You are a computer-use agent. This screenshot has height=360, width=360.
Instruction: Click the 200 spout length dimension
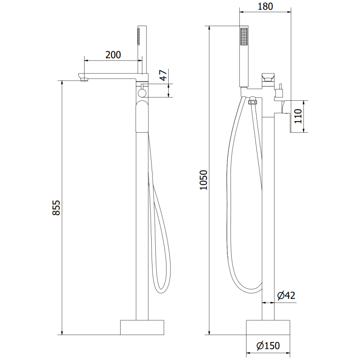113,55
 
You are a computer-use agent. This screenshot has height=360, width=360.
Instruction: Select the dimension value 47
164,75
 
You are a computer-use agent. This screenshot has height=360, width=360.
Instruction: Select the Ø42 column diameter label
286,296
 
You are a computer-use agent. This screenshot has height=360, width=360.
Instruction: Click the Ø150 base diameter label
268,346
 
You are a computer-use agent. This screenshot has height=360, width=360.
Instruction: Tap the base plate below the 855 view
142,327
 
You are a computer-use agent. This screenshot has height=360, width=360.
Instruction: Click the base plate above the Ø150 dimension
268,327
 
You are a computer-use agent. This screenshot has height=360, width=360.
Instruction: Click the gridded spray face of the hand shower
244,36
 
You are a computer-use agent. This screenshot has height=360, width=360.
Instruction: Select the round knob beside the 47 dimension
142,93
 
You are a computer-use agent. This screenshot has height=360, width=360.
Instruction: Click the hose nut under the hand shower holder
252,102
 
